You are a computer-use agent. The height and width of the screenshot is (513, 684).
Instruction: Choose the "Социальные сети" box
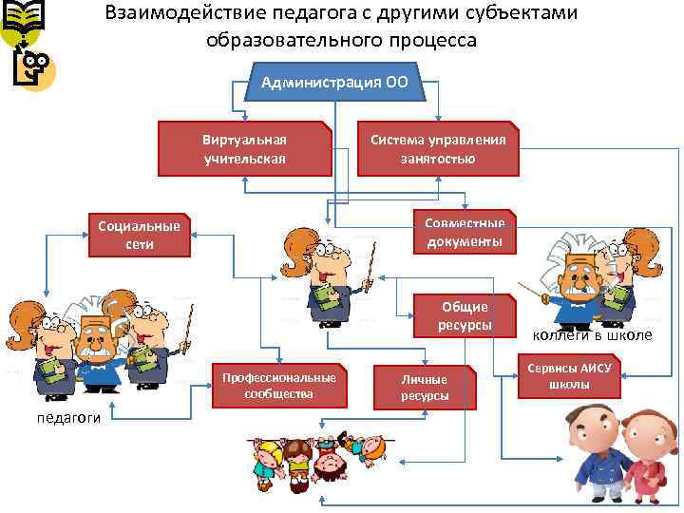(139, 235)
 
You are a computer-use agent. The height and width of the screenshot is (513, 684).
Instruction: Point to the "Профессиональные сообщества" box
(278, 385)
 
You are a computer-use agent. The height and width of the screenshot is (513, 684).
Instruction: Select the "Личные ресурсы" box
(424, 388)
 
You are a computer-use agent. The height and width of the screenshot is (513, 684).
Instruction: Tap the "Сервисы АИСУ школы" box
(569, 376)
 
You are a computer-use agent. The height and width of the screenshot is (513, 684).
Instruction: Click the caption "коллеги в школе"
(591, 334)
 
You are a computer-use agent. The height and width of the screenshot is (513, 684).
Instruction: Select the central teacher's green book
(326, 298)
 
